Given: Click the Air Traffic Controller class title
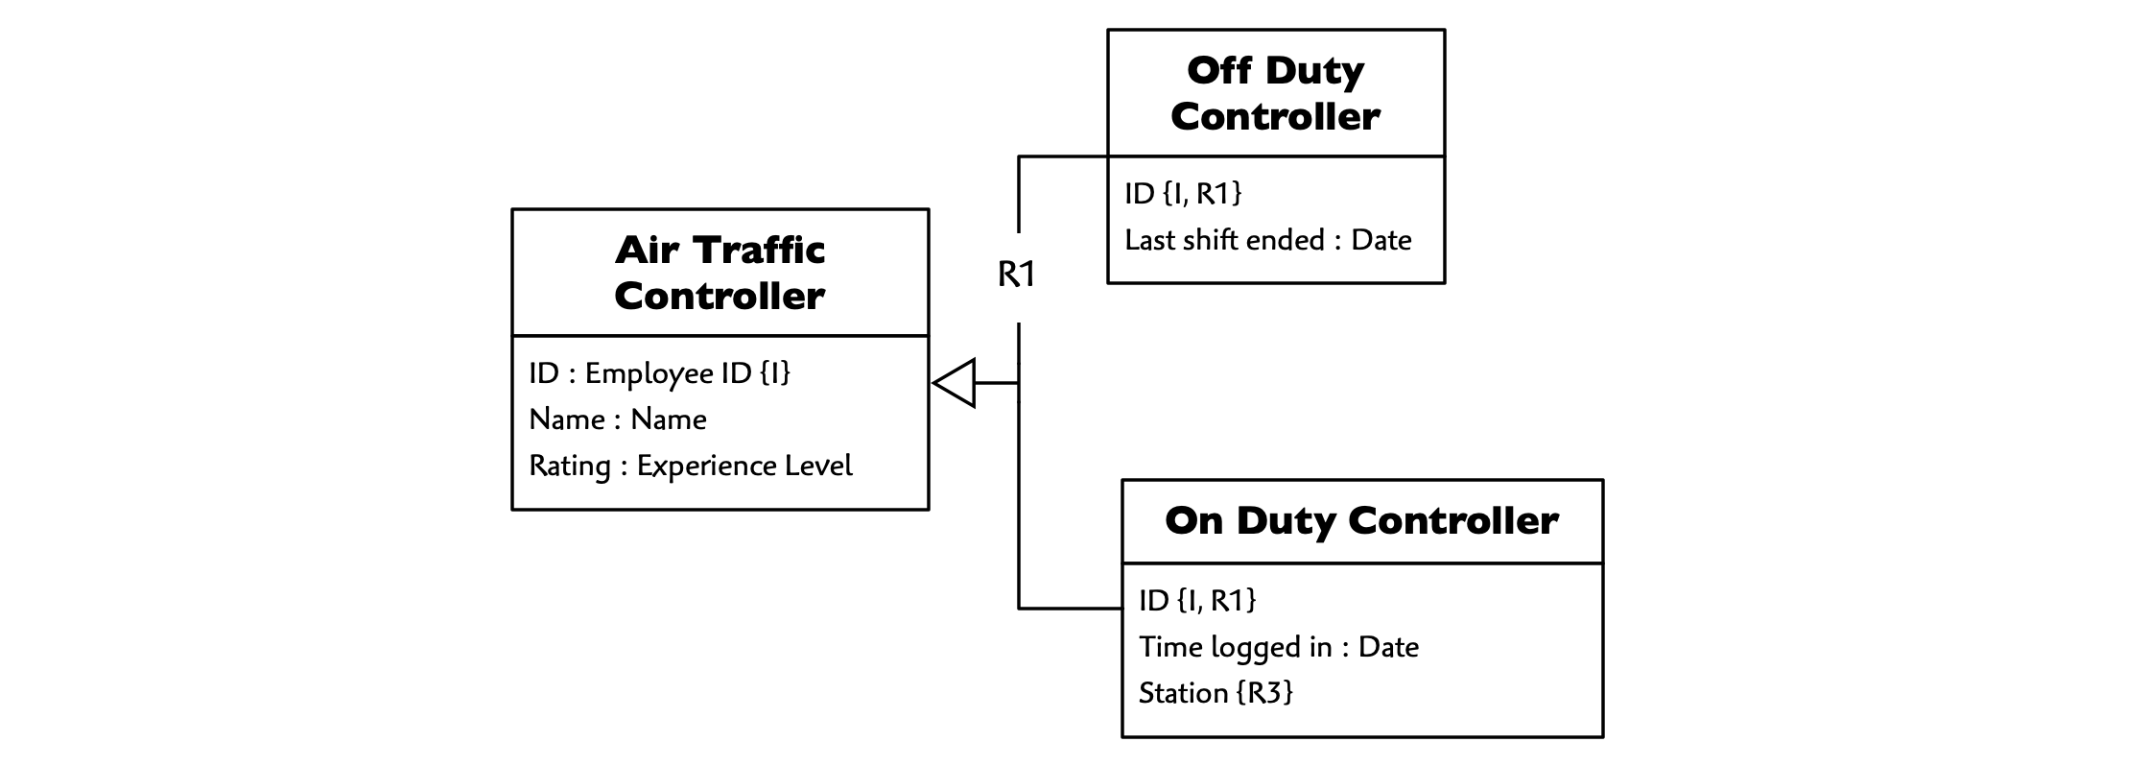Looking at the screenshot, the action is pyautogui.click(x=720, y=273).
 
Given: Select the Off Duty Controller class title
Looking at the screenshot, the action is pyautogui.click(x=1275, y=93).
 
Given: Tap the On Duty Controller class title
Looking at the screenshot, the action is pyautogui.click(x=1361, y=521).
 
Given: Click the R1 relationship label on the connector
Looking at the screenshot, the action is pyautogui.click(x=1017, y=275).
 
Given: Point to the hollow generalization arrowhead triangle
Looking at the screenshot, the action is pyautogui.click(x=955, y=383).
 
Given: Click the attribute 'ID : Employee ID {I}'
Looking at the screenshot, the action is pyautogui.click(x=660, y=372).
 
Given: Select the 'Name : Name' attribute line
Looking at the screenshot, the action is pyautogui.click(x=618, y=419).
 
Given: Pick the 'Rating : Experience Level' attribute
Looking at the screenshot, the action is pyautogui.click(x=691, y=466).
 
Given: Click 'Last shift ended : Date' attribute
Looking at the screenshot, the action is pyautogui.click(x=1268, y=239).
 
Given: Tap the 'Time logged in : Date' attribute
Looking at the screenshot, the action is pyautogui.click(x=1279, y=647).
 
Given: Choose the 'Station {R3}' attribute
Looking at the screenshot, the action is pyautogui.click(x=1216, y=692).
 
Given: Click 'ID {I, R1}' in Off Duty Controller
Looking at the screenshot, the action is pyautogui.click(x=1183, y=193).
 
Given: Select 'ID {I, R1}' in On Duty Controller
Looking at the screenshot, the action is pyautogui.click(x=1197, y=600).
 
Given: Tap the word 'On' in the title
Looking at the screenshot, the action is pyautogui.click(x=1194, y=521).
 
